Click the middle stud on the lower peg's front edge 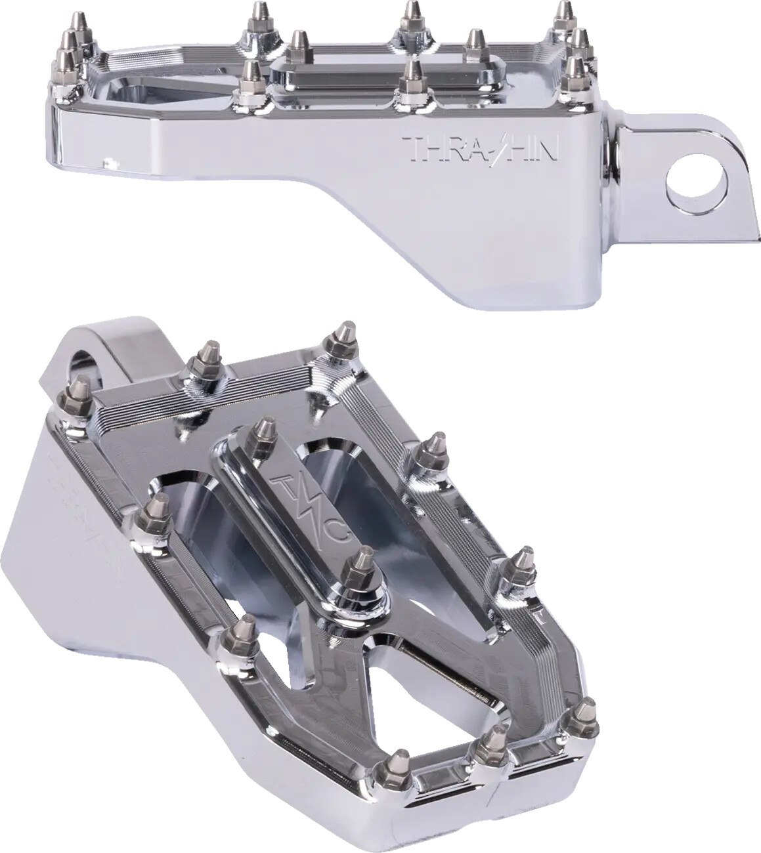[489, 747]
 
